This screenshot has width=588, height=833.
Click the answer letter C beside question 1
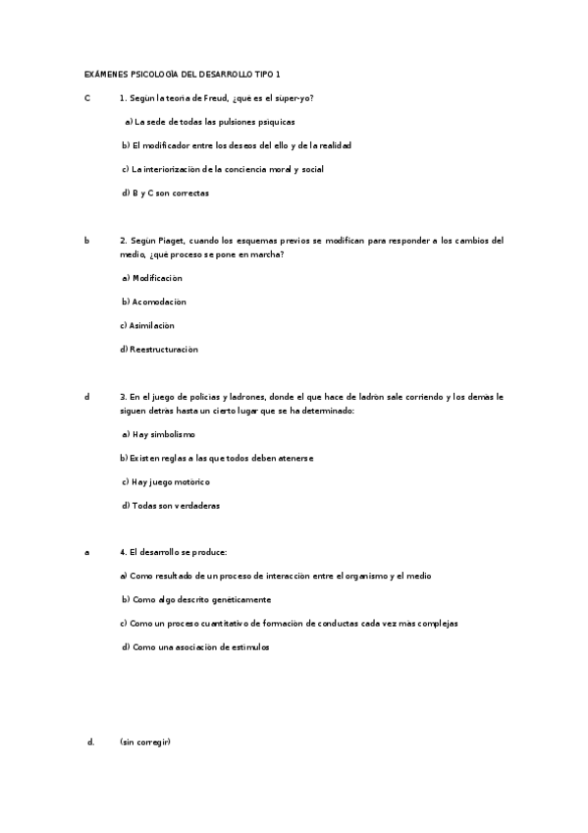87,98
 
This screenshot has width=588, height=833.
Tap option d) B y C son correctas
165,193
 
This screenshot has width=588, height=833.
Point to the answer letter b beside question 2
86,240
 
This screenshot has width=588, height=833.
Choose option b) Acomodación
154,302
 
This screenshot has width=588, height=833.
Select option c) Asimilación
147,325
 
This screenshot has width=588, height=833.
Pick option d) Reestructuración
159,349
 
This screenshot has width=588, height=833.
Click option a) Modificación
152,278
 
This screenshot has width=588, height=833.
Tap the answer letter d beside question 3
86,397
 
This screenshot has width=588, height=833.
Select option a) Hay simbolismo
159,434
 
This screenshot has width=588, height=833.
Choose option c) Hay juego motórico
166,481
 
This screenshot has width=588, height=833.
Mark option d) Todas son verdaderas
171,506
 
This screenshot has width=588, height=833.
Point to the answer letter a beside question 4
86,552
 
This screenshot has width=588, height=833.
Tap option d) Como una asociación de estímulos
195,646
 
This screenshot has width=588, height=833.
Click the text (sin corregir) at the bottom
145,742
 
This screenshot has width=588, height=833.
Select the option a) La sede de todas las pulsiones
210,122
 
